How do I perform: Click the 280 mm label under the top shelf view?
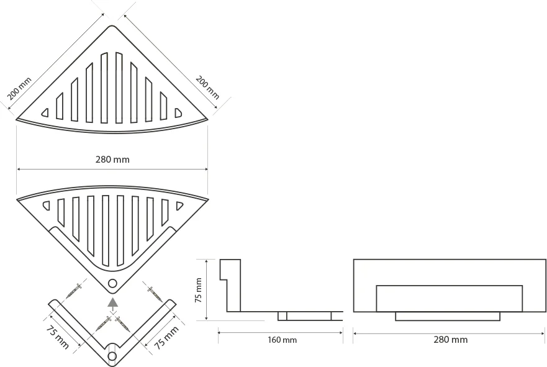(112, 160)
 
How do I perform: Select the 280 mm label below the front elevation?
(450, 339)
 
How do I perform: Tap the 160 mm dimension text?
(282, 340)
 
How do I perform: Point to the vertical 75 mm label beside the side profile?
(198, 290)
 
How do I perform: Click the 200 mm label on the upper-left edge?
(19, 89)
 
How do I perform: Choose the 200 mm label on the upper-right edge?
(207, 88)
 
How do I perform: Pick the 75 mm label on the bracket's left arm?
(57, 337)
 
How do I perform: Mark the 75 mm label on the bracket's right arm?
(166, 337)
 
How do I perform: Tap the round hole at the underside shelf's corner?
(112, 283)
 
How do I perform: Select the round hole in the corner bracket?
(112, 356)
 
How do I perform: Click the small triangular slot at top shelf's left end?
(45, 112)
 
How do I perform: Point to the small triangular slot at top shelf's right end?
(178, 112)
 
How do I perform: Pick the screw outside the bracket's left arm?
(74, 291)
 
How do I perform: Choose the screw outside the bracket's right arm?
(155, 294)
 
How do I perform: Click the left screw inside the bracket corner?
(104, 324)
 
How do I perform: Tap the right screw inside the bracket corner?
(122, 324)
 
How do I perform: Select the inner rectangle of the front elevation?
(450, 299)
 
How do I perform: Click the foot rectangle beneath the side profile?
(305, 316)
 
